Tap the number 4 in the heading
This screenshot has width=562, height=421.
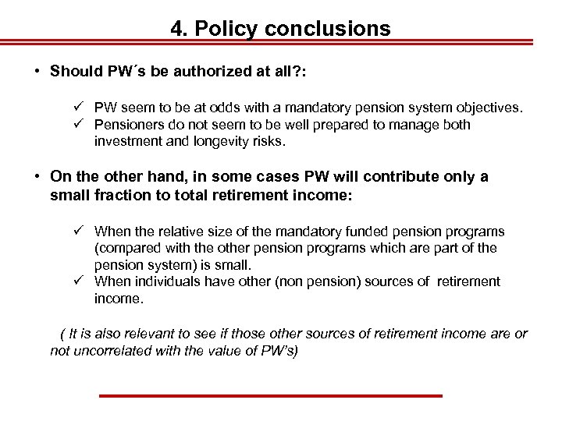[176, 29]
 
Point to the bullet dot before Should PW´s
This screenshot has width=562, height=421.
[37, 72]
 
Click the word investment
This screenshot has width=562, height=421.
[128, 141]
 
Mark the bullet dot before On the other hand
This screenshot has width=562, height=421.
[37, 177]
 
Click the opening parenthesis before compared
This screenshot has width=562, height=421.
[97, 248]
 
